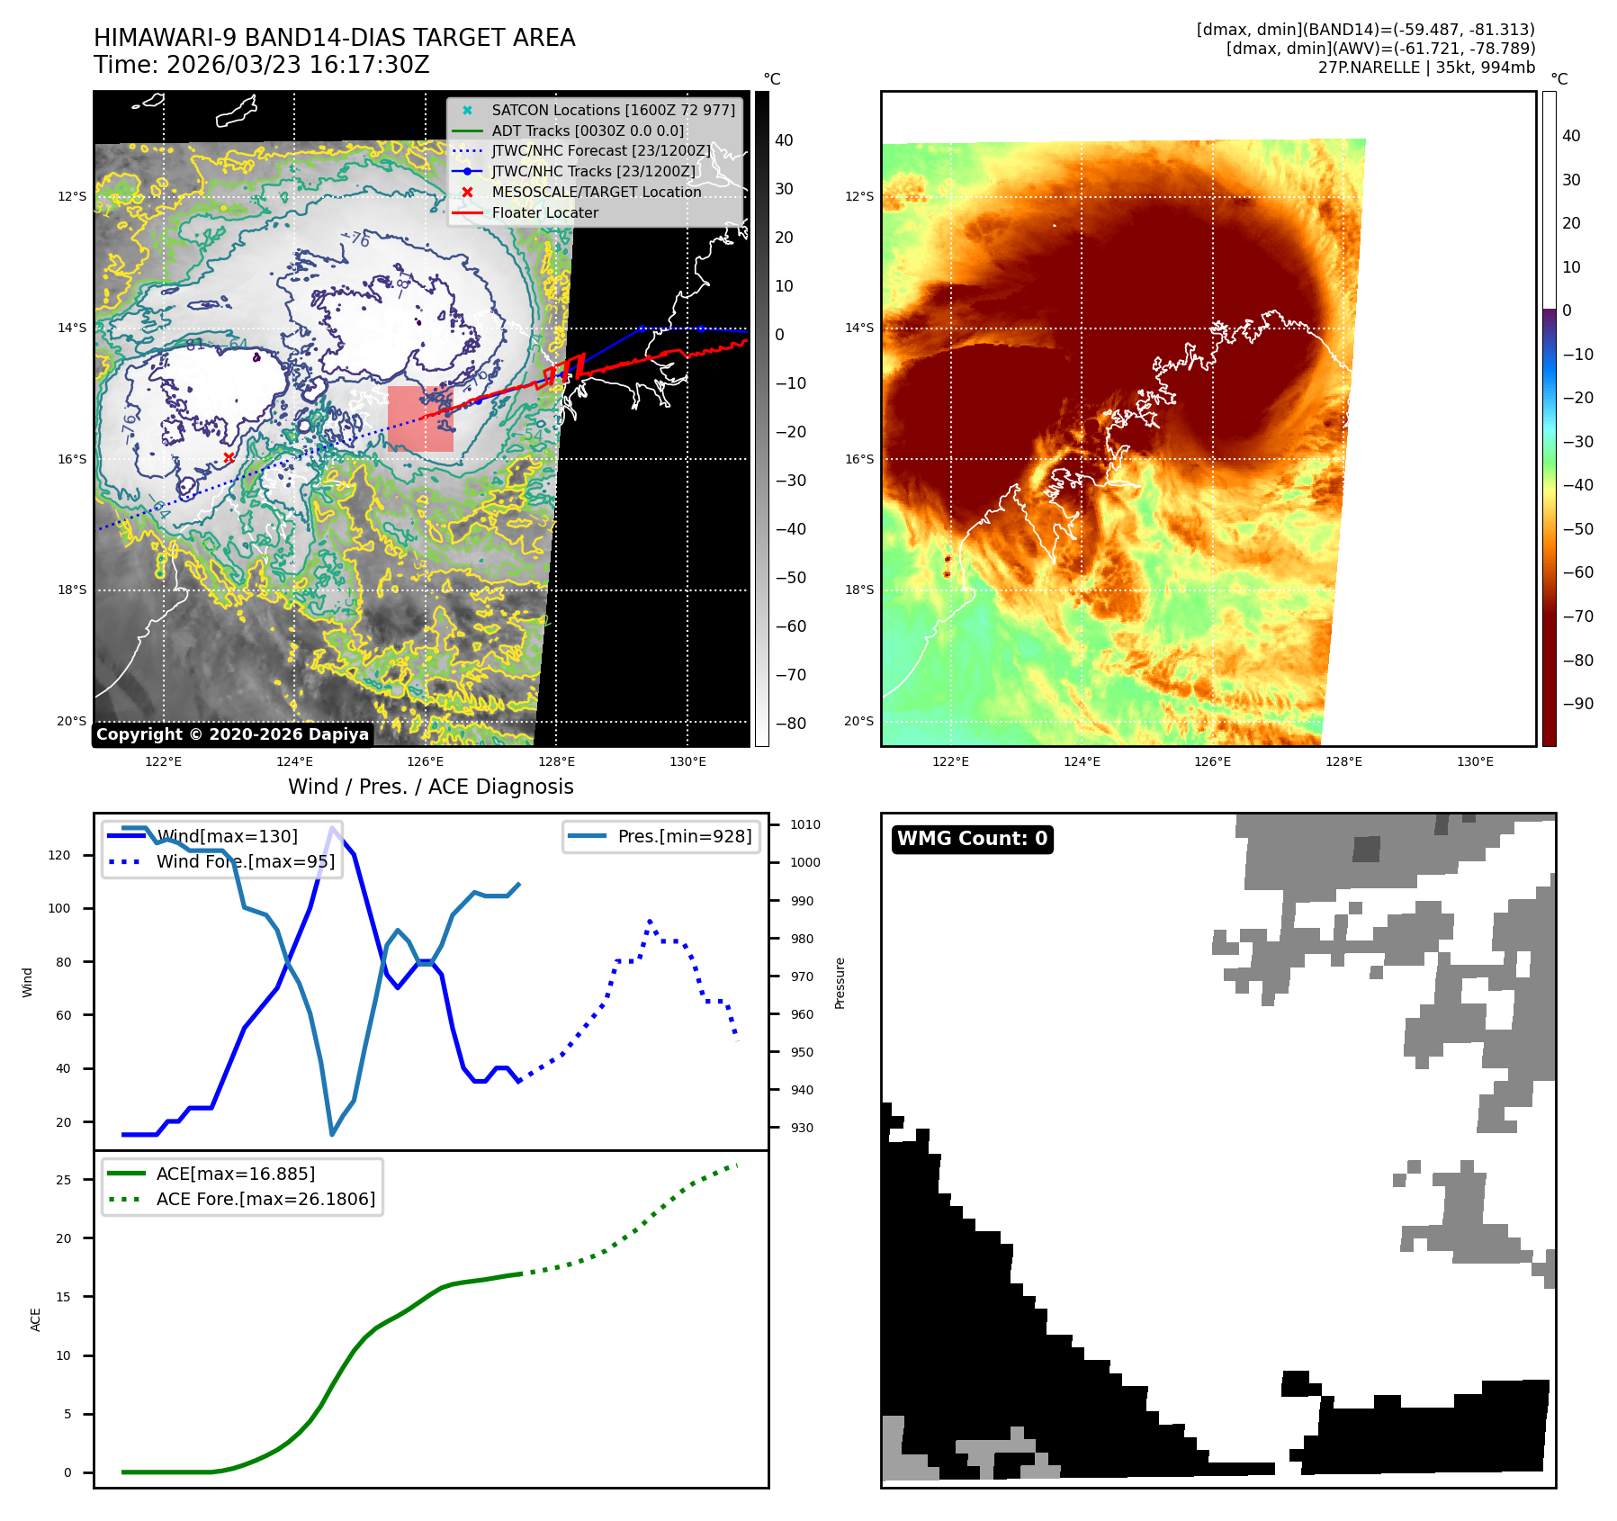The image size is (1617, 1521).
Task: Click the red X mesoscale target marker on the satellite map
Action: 229,457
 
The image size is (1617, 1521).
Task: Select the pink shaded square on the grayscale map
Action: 420,418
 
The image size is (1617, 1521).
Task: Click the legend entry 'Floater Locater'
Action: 544,213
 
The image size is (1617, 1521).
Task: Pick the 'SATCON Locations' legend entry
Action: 613,110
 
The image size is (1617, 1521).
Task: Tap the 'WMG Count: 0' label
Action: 972,839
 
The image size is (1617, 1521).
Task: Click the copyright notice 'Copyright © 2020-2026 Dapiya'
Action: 232,734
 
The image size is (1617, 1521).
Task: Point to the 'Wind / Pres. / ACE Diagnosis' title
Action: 430,787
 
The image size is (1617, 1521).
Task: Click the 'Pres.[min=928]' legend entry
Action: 684,836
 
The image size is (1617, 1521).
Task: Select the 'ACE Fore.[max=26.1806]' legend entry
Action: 265,1199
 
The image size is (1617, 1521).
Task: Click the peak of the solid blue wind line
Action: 333,828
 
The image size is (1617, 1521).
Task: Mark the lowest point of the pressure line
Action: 332,1134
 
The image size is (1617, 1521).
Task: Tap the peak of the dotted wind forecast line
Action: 650,922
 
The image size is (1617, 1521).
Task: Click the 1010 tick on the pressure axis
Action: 805,824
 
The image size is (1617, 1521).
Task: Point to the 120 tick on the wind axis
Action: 59,855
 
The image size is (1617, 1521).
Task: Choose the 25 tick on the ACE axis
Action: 63,1180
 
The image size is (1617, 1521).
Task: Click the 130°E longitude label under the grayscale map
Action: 687,761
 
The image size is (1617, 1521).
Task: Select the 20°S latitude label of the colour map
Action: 858,721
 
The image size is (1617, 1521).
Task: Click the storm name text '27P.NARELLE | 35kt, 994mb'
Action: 1426,67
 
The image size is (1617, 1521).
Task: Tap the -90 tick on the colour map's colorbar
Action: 1577,704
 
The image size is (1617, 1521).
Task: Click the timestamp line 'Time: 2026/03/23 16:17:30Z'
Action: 261,65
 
